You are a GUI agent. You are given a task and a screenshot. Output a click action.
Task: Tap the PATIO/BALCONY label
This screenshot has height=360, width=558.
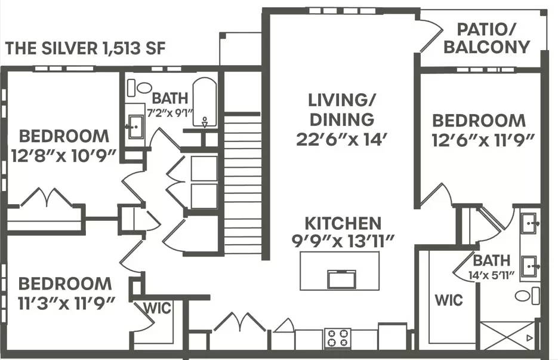pyautogui.click(x=486, y=38)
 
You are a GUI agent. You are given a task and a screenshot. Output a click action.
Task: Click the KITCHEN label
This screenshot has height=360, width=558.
pyautogui.click(x=343, y=223)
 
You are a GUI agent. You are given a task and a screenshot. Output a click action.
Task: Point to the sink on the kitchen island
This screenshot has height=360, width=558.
pyautogui.click(x=342, y=278)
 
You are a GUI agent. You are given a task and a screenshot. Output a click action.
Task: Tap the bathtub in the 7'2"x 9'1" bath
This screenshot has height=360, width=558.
pyautogui.click(x=206, y=103)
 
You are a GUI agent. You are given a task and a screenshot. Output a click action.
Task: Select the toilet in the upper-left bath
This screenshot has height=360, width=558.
pyautogui.click(x=143, y=88)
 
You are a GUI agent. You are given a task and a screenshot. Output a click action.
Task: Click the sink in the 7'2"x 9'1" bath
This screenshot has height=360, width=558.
pyautogui.click(x=135, y=126)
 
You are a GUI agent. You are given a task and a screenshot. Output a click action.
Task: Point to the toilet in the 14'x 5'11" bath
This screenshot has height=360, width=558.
pyautogui.click(x=525, y=296)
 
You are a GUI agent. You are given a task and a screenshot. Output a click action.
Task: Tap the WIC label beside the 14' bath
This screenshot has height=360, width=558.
pyautogui.click(x=449, y=299)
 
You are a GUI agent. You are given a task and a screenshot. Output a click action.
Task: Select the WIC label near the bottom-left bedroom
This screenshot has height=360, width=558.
pyautogui.click(x=157, y=309)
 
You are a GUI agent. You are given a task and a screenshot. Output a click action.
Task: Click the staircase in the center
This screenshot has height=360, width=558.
pyautogui.click(x=242, y=185)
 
